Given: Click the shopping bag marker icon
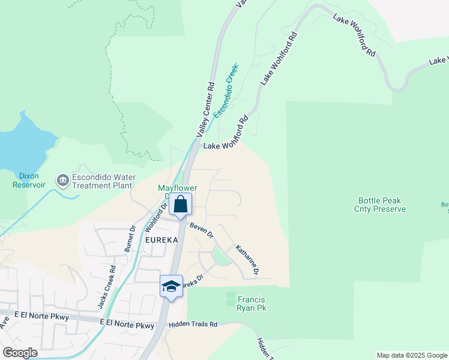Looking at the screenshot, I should (x=180, y=205).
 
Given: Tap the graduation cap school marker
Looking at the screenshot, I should (x=171, y=287).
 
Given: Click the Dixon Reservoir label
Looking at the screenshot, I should (x=29, y=181).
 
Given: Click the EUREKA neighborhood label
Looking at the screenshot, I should (x=162, y=240).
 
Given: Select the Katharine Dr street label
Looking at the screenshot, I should (x=247, y=259).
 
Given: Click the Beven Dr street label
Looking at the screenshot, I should (x=202, y=230).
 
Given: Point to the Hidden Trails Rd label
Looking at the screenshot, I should (x=193, y=324).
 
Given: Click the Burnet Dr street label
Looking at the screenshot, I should (x=130, y=238).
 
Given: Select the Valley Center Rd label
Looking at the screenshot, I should (x=205, y=108).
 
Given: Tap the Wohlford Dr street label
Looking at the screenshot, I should (x=156, y=218).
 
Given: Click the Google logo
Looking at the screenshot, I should (x=20, y=353).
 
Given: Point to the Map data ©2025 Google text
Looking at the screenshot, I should (x=411, y=355).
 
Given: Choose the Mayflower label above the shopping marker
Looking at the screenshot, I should (x=178, y=188).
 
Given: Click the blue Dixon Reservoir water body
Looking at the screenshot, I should (x=18, y=141).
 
